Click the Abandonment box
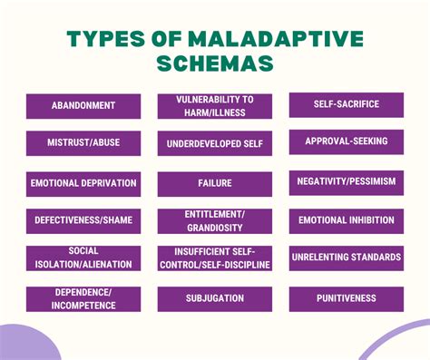click(83, 105)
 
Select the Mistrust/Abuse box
click(83, 142)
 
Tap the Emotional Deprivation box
click(83, 182)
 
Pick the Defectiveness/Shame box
click(83, 220)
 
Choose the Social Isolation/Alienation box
click(83, 258)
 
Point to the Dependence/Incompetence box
click(83, 298)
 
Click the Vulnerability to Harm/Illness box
click(214, 105)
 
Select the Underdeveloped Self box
click(214, 143)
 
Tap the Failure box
click(214, 183)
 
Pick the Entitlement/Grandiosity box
click(214, 220)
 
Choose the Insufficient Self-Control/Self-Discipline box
click(214, 258)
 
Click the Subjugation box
click(214, 298)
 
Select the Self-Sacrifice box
click(346, 104)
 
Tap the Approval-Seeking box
click(346, 141)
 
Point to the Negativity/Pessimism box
click(346, 181)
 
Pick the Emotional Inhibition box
click(346, 219)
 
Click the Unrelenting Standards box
click(346, 258)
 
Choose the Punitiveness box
click(346, 297)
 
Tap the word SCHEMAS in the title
click(215, 66)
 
